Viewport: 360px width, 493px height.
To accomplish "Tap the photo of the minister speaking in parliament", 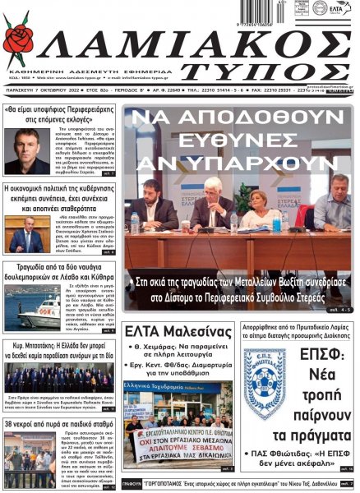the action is coord(26,236).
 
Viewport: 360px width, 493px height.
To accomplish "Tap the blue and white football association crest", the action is coord(264,385).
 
